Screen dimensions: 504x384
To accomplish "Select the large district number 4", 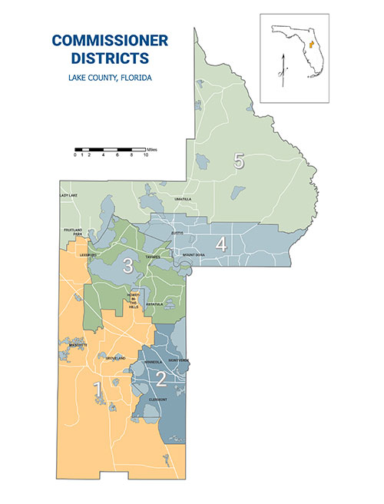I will coord(221,244).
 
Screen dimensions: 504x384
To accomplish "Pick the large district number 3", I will coord(129,266).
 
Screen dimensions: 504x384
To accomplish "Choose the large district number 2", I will coord(162,377).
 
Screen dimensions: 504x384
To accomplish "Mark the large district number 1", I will coord(98,390).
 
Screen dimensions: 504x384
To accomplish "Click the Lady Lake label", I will coord(68,195).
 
